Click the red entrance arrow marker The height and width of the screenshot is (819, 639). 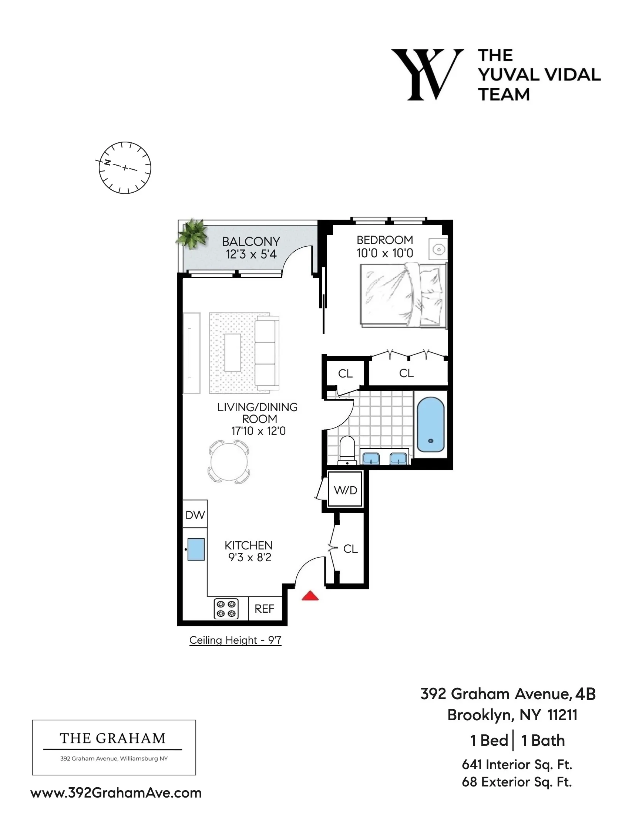pos(310,596)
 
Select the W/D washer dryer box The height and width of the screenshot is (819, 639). pos(345,490)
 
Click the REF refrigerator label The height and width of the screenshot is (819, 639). pos(265,609)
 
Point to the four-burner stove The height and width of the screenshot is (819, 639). pos(226,609)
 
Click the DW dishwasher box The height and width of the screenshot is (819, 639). pos(195,515)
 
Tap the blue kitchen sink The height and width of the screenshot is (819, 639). pos(196,549)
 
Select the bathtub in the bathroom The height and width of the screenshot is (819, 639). pos(430,424)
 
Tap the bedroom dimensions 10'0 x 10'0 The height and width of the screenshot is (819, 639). pos(384,253)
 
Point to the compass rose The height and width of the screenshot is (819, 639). pos(125,167)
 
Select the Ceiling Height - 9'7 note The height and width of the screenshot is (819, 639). pos(235,640)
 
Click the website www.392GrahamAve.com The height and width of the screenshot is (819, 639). pos(116,793)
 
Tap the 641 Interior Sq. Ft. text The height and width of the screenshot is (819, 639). pos(517,764)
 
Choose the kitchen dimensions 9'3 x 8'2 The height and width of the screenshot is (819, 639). pos(249,557)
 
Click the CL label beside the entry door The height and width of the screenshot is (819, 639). pos(350,549)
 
